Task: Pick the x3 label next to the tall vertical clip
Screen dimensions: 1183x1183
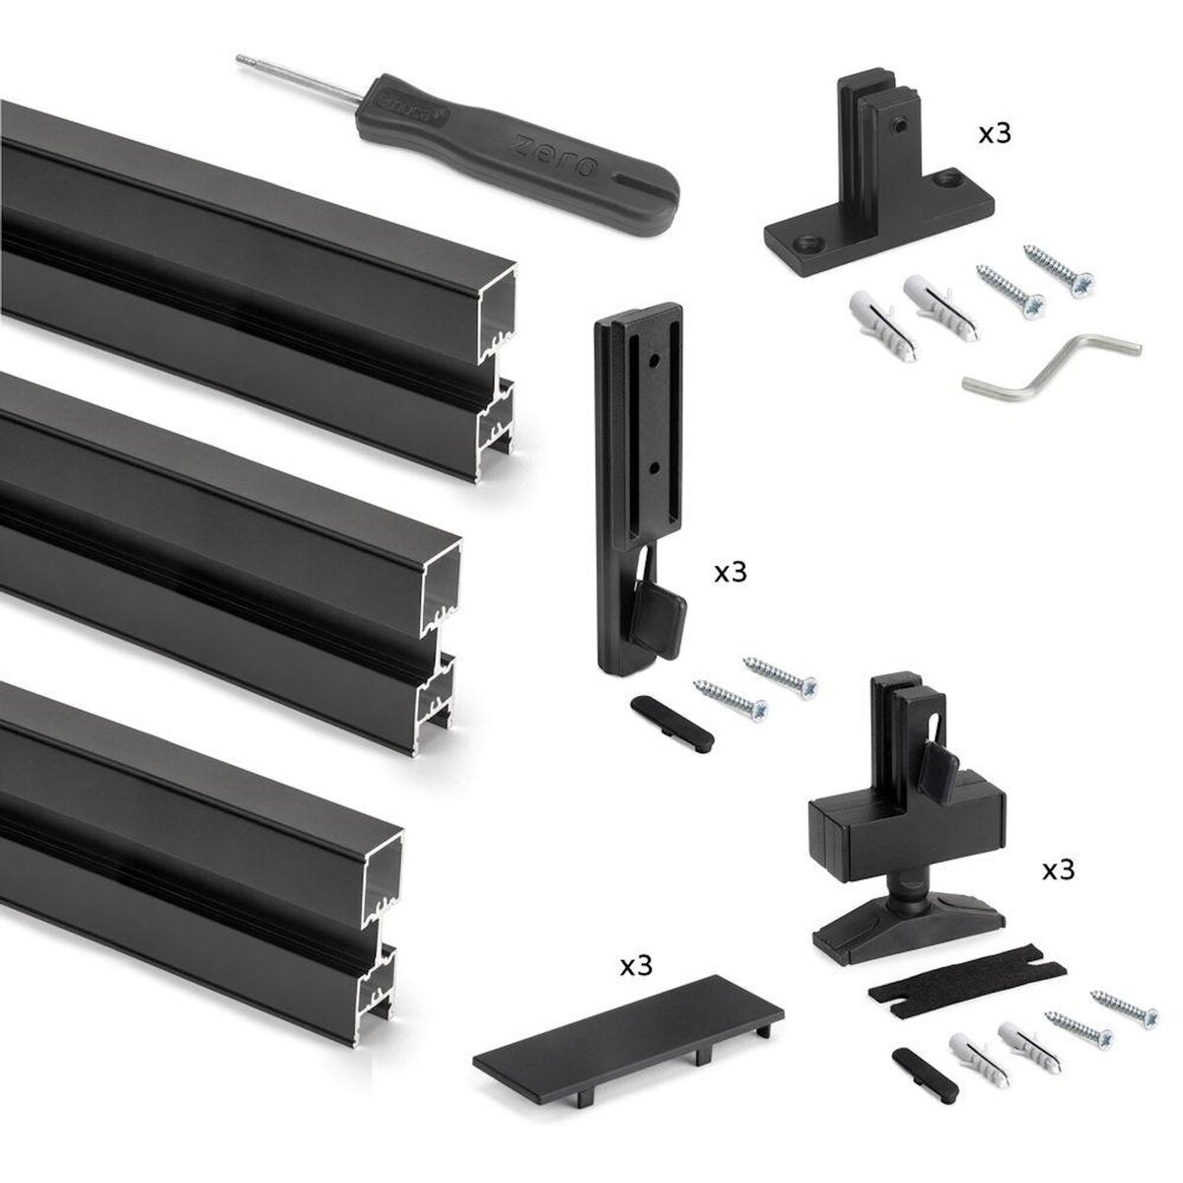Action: click(x=731, y=574)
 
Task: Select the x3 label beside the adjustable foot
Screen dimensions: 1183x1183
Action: click(x=1059, y=870)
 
